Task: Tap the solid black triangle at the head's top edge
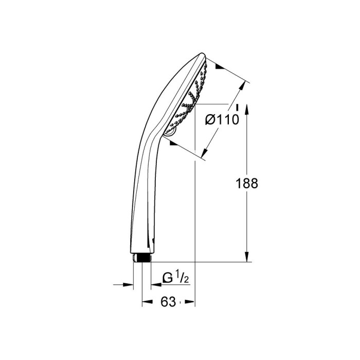(220, 66)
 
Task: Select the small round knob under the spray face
(170, 133)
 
